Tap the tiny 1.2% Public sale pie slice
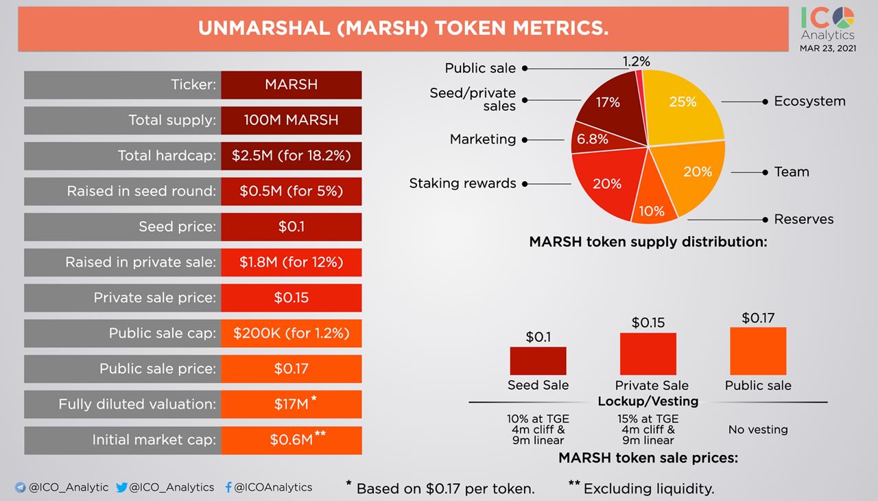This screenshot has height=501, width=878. pos(641,77)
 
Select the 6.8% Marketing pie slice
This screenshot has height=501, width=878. pos(591,139)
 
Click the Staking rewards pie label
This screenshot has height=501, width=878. pos(462,183)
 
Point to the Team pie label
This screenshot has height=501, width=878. pos(792,172)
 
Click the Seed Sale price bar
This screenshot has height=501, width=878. pos(538,360)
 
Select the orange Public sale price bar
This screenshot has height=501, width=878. pos(758,350)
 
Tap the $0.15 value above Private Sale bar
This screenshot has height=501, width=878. pos(648,323)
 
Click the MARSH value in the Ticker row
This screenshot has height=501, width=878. pos(291,84)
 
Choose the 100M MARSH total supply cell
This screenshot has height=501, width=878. pos(291,120)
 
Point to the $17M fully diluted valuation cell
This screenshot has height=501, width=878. pos(291,404)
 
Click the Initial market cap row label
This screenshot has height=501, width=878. pos(154,440)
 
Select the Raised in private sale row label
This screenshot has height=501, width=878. pos(141,262)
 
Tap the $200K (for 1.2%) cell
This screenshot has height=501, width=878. pos(291,334)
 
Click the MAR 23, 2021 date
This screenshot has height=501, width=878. pos(827,48)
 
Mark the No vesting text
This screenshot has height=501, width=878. pos(758,430)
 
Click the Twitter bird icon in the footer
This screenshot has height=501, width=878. pos(122,487)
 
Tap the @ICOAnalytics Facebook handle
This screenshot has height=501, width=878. pos(273,487)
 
